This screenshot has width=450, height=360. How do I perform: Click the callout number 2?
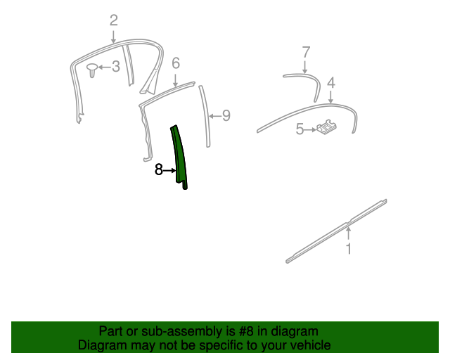(x=114, y=20)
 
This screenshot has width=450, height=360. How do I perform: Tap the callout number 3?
(x=115, y=67)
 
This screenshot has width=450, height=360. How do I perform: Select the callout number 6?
(x=176, y=63)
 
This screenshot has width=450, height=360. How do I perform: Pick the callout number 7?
(x=307, y=53)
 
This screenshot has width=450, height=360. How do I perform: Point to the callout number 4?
(x=331, y=83)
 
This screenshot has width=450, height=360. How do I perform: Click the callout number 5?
(x=300, y=129)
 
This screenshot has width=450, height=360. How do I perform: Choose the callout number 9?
(x=226, y=116)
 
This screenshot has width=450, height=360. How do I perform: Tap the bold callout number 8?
(x=159, y=169)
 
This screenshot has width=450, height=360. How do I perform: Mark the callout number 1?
(x=349, y=249)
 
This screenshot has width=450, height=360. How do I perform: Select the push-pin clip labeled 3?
(x=92, y=70)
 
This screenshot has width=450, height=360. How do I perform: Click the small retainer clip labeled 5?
(x=326, y=127)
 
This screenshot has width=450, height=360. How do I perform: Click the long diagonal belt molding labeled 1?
(x=336, y=231)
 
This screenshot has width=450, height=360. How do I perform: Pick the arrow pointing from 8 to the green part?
(x=169, y=171)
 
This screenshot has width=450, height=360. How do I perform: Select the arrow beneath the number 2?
(x=114, y=37)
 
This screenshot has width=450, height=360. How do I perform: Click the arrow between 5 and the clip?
(x=310, y=130)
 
